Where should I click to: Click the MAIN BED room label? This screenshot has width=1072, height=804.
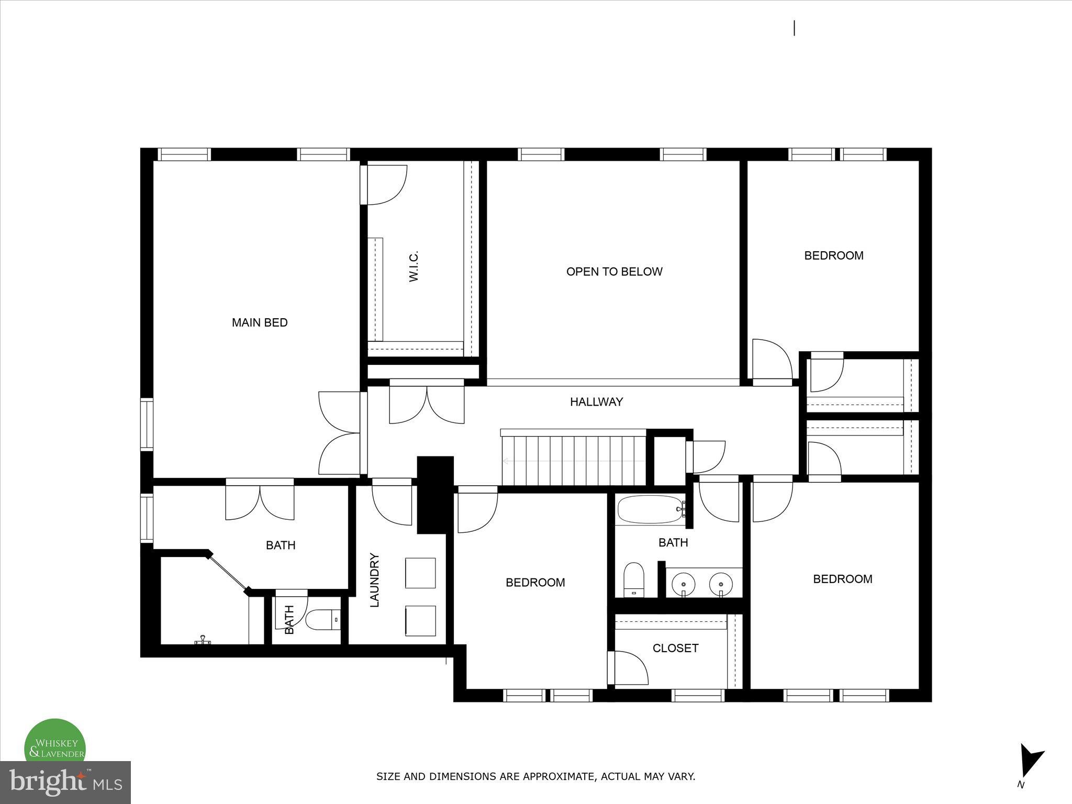pyautogui.click(x=260, y=322)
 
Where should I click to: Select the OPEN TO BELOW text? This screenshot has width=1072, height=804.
pyautogui.click(x=614, y=272)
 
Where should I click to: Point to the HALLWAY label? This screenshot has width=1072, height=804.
pyautogui.click(x=596, y=402)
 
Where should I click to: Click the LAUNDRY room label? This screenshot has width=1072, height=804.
pyautogui.click(x=375, y=580)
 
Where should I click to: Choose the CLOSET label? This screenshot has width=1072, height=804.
pyautogui.click(x=675, y=648)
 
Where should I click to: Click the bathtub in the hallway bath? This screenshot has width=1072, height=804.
pyautogui.click(x=650, y=510)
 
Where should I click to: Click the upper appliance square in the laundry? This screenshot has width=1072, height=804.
pyautogui.click(x=420, y=573)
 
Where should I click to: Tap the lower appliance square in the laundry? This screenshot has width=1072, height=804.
pyautogui.click(x=420, y=621)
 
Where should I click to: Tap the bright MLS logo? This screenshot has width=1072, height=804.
pyautogui.click(x=65, y=782)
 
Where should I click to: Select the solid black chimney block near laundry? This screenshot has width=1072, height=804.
pyautogui.click(x=434, y=494)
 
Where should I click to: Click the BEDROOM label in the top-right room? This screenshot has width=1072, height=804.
pyautogui.click(x=834, y=255)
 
